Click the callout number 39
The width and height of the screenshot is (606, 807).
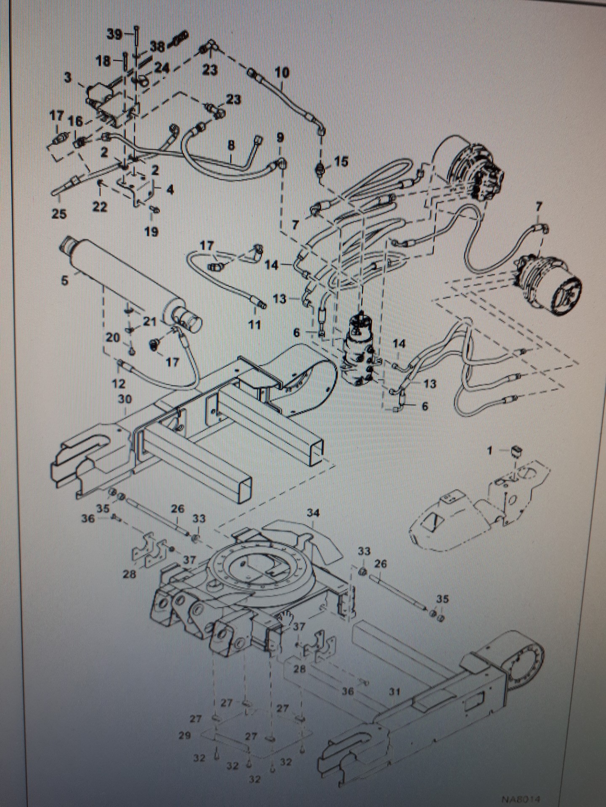114,35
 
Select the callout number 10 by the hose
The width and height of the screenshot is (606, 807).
282,73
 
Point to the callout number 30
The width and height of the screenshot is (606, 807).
125,400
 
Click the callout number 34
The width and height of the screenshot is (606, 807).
313,513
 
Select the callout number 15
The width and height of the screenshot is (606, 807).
341,161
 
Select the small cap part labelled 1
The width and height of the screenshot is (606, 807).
516,452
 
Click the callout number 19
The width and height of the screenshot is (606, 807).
151,231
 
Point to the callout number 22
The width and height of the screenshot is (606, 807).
100,207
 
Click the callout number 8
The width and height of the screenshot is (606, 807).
231,145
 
